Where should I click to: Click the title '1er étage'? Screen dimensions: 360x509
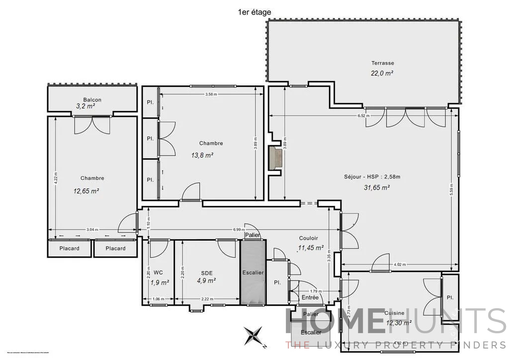pyautogui.click(x=254, y=12)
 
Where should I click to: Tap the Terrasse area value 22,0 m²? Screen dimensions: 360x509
pyautogui.click(x=382, y=73)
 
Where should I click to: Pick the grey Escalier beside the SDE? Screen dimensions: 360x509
pyautogui.click(x=253, y=272)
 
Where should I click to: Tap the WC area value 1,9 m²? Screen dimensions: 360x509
pyautogui.click(x=160, y=282)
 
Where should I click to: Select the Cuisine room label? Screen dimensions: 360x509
pyautogui.click(x=394, y=313)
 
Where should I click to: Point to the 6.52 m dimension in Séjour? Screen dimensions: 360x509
pyautogui.click(x=362, y=115)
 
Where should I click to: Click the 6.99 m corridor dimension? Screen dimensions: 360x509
pyautogui.click(x=239, y=230)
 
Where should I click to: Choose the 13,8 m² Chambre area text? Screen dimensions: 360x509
pyautogui.click(x=202, y=155)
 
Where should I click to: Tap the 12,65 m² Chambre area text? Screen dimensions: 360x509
pyautogui.click(x=84, y=190)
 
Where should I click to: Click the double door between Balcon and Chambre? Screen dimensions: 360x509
pyautogui.click(x=92, y=124)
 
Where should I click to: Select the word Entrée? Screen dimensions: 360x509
pyautogui.click(x=310, y=297)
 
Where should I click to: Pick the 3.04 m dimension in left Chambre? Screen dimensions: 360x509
pyautogui.click(x=92, y=230)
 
